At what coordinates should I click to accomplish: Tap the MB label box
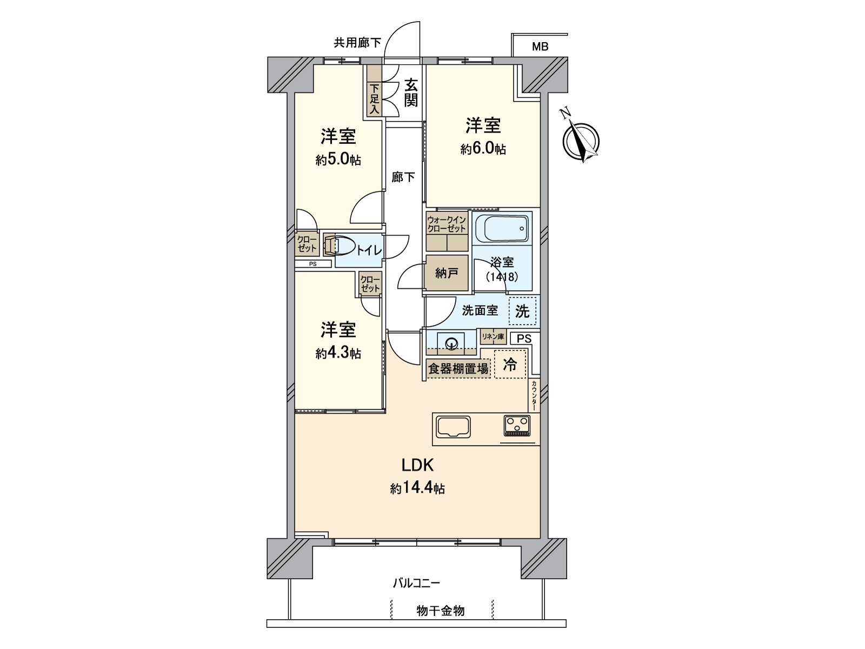point(540,46)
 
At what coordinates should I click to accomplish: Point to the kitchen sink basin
point(453,428)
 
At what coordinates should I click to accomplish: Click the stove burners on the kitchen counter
point(518,425)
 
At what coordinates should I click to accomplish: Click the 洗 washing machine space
point(522,311)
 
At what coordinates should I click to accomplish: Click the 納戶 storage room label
point(447,273)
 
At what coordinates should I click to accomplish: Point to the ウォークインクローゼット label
point(447,224)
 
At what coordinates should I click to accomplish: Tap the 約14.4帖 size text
point(417,488)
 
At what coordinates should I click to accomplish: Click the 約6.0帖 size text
point(483,149)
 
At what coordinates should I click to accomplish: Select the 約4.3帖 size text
point(338,353)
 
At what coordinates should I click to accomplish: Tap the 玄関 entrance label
point(411,92)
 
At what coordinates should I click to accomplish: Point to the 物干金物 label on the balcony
point(440,611)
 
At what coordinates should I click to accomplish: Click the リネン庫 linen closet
point(493,337)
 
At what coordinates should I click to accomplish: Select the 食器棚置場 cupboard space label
point(458,369)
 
